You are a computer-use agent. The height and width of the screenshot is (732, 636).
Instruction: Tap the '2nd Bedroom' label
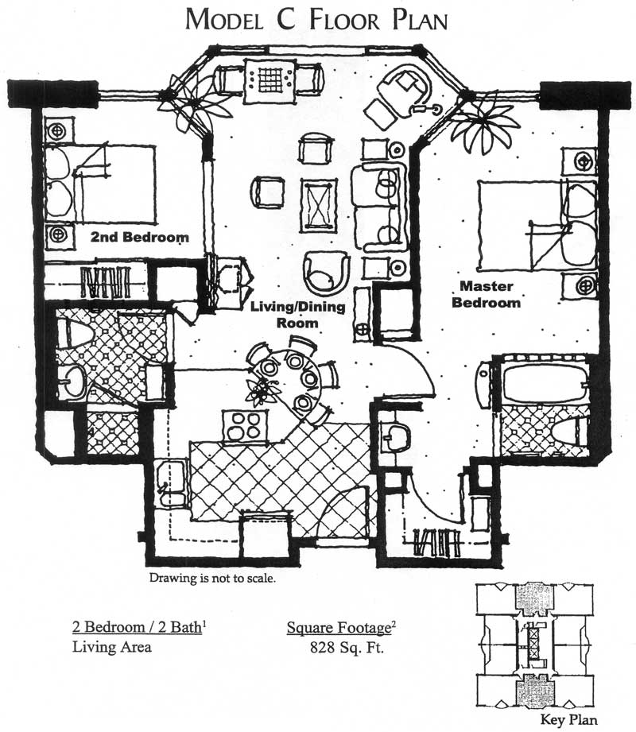140,237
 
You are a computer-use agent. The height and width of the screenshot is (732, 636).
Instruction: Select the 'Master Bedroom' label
486,294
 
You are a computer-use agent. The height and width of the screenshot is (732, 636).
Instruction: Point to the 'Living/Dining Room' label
298,315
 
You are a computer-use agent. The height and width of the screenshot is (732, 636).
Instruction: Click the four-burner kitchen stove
245,426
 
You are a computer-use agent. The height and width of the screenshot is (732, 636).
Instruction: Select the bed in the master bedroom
537,226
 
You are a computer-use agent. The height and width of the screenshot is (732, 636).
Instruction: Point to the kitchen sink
172,484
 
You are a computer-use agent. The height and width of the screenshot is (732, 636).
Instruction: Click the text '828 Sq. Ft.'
347,648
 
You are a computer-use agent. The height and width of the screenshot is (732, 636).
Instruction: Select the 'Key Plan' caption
568,719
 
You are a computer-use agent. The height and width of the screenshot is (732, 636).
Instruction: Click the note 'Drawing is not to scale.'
212,578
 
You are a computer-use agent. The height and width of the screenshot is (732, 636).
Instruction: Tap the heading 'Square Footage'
339,628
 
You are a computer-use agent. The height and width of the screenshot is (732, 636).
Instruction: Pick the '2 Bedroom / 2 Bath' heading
138,627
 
